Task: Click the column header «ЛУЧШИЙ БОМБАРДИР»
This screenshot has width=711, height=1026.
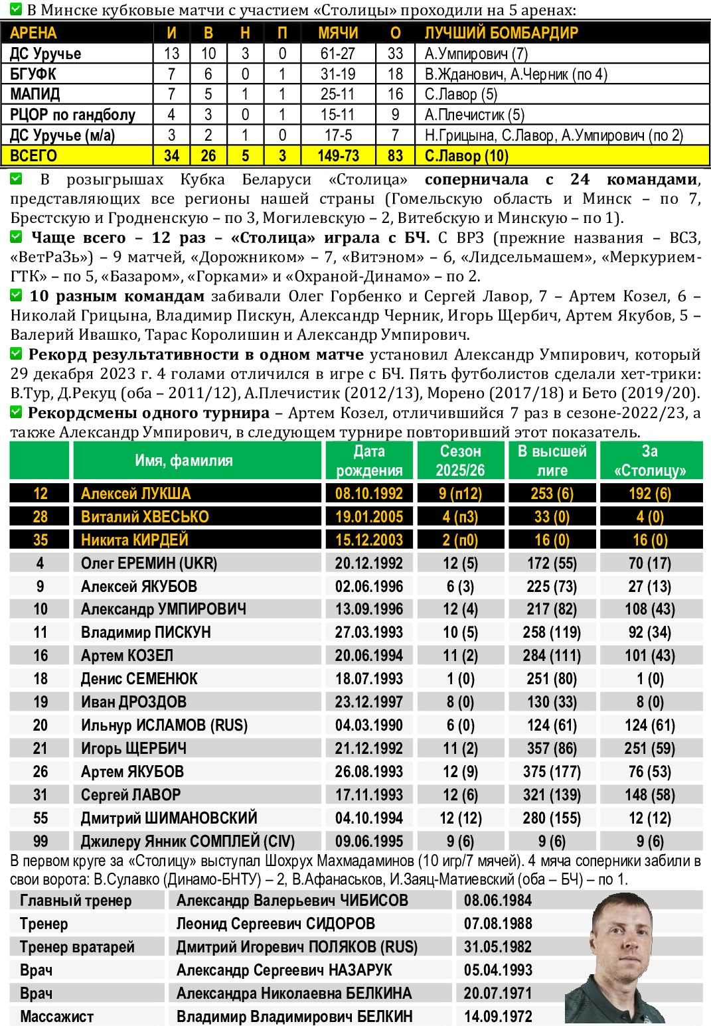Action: click(x=501, y=33)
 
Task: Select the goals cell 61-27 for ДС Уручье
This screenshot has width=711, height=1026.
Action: click(x=338, y=54)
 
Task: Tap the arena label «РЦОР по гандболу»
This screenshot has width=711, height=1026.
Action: click(x=72, y=115)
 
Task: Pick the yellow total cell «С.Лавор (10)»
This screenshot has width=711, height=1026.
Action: click(x=466, y=156)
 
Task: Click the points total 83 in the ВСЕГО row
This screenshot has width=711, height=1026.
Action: click(x=395, y=156)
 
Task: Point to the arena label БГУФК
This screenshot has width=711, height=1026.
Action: click(x=33, y=74)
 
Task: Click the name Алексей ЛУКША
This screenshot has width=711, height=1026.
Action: click(x=135, y=494)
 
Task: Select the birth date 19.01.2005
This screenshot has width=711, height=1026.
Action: click(x=369, y=517)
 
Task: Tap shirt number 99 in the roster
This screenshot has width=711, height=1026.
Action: click(x=40, y=842)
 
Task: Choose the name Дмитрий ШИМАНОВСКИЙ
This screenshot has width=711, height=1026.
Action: click(x=169, y=818)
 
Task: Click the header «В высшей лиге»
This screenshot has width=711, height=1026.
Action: click(x=552, y=461)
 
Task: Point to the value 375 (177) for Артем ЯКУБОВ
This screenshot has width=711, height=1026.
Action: click(x=552, y=772)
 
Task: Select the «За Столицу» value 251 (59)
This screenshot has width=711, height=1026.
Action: click(x=649, y=749)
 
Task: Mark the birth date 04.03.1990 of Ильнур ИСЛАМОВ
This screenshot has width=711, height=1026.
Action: click(x=369, y=725)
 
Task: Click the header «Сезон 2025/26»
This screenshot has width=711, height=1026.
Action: click(x=460, y=461)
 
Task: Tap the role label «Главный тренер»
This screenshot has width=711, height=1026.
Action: click(x=76, y=901)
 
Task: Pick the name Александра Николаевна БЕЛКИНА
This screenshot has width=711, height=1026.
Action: click(x=293, y=993)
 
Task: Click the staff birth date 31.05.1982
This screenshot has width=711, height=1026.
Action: click(x=498, y=947)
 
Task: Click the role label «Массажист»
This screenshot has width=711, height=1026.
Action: click(x=56, y=1017)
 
